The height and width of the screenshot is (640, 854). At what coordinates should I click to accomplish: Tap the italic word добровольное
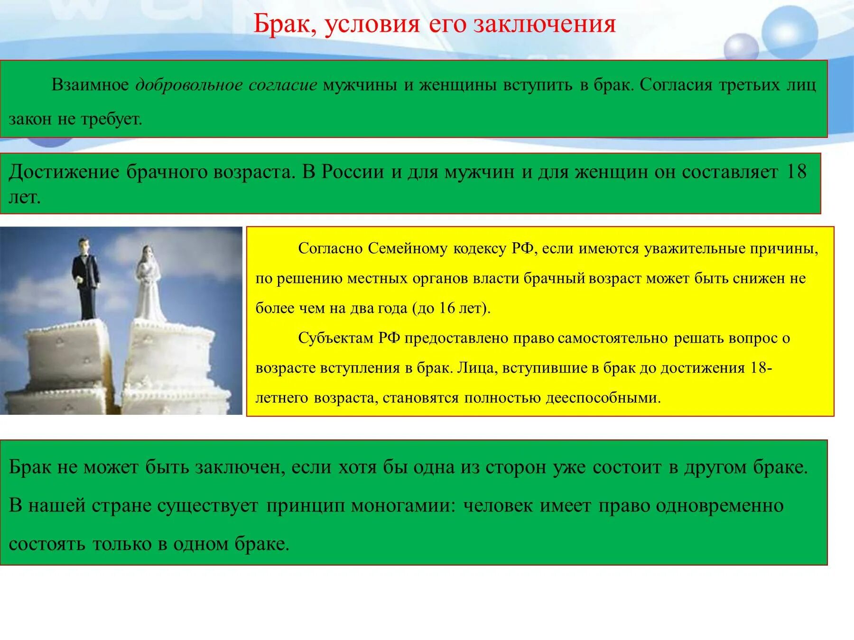click(x=189, y=85)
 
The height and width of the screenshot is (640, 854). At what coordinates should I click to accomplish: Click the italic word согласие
click(x=283, y=85)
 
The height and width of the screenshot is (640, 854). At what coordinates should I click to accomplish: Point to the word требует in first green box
click(x=111, y=119)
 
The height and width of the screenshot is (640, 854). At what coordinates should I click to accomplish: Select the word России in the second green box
click(x=353, y=172)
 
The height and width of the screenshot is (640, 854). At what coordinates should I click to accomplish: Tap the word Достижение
click(x=64, y=172)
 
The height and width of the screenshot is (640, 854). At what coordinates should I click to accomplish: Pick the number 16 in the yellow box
click(x=446, y=308)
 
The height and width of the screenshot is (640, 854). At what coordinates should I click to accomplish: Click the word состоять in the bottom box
click(x=47, y=544)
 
